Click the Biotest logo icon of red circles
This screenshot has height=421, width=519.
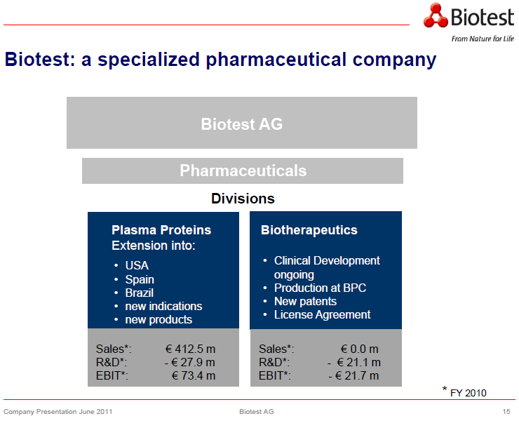pos(435,15)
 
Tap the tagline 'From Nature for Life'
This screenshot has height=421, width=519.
pos(482,39)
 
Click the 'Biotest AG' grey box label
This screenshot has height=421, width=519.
pos(241,124)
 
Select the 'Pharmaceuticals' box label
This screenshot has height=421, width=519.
pos(243,171)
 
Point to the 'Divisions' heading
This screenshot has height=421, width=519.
pos(243,199)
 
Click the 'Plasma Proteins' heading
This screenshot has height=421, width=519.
pos(161,230)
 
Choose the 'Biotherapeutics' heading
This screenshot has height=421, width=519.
pos(309,230)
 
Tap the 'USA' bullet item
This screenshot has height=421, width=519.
pos(137,266)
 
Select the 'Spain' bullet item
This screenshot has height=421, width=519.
pos(140,279)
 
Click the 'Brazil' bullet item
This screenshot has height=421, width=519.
pos(139,293)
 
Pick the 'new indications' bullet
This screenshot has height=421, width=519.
pos(163,306)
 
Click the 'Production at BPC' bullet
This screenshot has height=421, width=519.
pos(320,288)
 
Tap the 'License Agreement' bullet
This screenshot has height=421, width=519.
pos(322,314)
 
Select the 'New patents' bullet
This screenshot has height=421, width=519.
pos(305,301)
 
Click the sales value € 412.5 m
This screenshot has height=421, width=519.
pos(190,349)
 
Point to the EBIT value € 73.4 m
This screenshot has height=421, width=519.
pos(193,375)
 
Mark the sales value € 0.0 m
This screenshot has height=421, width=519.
pos(359,349)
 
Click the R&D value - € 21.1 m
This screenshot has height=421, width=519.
pos(354,362)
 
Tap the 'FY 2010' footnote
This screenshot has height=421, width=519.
pos(468,392)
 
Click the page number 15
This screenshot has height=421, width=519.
pos(506,411)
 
